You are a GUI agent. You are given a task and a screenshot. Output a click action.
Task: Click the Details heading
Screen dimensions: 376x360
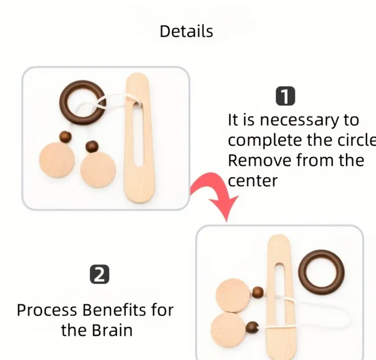(x=187, y=31)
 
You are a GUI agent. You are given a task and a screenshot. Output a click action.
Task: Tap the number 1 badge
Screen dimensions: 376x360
(x=285, y=96)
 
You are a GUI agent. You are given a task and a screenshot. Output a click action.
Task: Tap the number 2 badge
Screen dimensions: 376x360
(x=100, y=274)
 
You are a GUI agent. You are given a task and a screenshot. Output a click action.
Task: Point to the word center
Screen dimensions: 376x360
(x=252, y=181)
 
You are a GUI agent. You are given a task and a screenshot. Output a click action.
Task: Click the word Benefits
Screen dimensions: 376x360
(x=114, y=310)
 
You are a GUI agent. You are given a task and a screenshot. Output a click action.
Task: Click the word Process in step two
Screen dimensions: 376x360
(x=47, y=310)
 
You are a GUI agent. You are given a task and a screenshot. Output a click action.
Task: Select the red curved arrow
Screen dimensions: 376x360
(x=213, y=185)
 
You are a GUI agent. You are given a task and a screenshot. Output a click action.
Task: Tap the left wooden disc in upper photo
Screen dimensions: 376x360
(x=57, y=160)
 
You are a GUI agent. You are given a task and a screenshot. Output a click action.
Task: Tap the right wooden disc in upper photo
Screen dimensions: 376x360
(x=98, y=170)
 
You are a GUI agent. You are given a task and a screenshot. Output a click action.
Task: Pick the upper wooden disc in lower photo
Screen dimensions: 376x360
(x=234, y=296)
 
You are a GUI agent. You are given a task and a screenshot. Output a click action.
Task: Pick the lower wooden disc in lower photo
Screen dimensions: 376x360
(x=228, y=330)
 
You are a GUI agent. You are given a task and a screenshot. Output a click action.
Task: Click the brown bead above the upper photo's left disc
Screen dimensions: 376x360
(x=65, y=137)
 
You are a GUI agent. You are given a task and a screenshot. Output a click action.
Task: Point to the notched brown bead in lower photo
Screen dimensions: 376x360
(x=252, y=328)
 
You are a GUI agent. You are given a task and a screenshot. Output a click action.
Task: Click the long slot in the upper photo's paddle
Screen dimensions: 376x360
(x=138, y=134)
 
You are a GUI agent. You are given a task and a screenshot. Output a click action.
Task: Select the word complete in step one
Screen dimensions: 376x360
(x=265, y=140)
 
